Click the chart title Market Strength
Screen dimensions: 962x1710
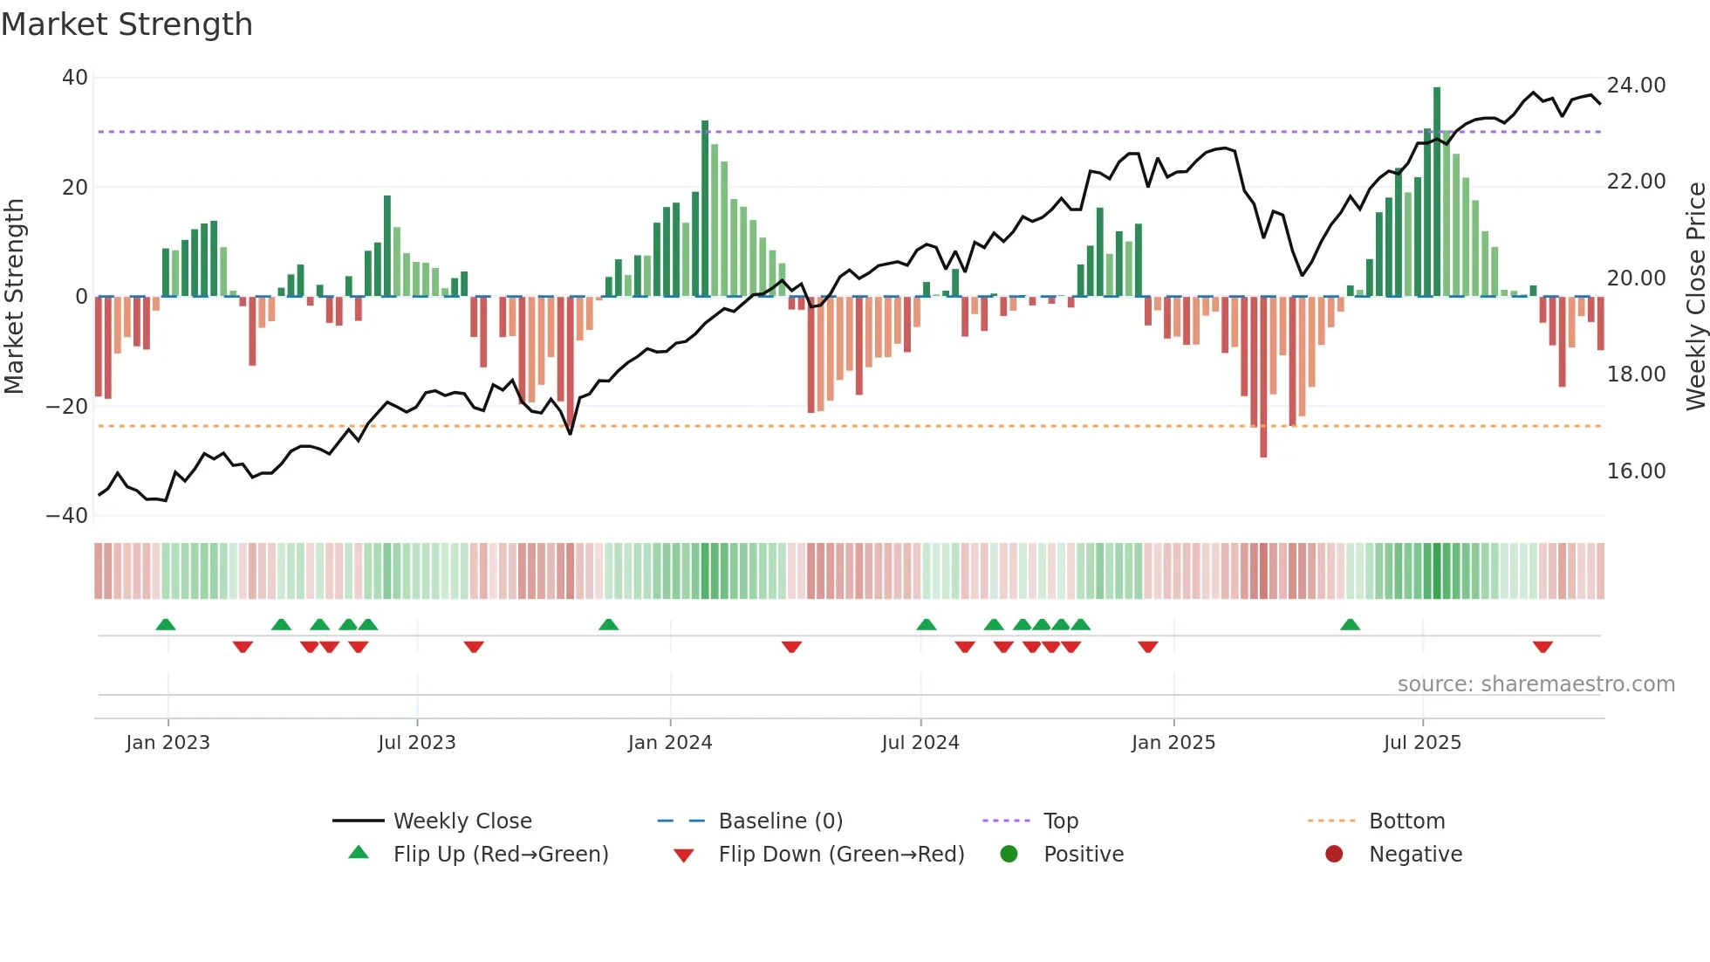[x=127, y=24]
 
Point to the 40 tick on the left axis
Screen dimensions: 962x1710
[x=75, y=78]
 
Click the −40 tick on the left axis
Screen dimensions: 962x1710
[x=67, y=516]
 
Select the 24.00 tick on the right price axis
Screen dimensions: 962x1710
[x=1636, y=86]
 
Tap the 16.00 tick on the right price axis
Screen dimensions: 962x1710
[x=1636, y=471]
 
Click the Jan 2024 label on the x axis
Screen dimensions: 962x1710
[x=669, y=743]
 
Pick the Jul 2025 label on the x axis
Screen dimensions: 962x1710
[x=1421, y=743]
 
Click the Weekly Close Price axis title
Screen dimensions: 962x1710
[x=1694, y=297]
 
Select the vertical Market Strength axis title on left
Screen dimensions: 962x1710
[x=15, y=297]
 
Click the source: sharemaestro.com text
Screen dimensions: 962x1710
[x=1536, y=684]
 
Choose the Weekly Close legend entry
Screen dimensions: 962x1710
[x=462, y=821]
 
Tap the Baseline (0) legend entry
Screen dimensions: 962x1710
[x=780, y=821]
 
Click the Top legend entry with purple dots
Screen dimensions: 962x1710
[x=1060, y=821]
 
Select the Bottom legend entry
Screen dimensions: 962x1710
[x=1406, y=821]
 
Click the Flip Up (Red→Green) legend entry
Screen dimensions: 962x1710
[x=500, y=855]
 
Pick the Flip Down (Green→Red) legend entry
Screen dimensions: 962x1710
[x=840, y=855]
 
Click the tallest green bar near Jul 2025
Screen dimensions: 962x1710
[x=1436, y=192]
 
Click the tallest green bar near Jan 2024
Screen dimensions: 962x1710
[x=705, y=210]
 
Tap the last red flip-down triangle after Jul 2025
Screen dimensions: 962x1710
[x=1542, y=647]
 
